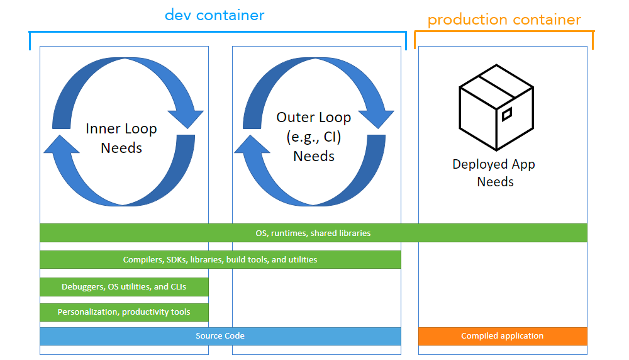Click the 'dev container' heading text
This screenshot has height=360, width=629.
[214, 14]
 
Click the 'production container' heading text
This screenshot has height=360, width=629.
[504, 20]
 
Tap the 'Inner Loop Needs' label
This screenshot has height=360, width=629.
[121, 138]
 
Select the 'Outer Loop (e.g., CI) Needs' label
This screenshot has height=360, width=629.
[314, 136]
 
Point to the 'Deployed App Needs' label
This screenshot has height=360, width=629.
[494, 172]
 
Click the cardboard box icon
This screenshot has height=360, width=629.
[496, 108]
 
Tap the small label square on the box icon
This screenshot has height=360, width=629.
[506, 114]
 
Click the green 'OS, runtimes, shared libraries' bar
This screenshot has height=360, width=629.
[313, 233]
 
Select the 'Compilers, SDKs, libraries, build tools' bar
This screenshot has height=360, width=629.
[220, 259]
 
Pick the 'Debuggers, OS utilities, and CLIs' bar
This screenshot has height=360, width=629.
[124, 286]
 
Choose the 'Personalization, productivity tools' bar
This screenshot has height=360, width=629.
[124, 312]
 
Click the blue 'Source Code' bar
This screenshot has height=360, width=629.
[220, 336]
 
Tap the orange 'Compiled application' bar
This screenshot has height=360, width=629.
[503, 336]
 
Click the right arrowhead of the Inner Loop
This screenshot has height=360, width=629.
[185, 119]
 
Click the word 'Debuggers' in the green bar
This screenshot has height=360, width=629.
[81, 286]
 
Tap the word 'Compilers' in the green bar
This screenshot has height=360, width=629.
[142, 259]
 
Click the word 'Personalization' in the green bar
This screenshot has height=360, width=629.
[87, 312]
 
